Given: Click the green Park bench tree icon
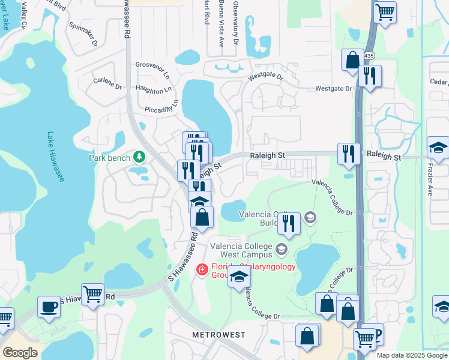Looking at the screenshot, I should coord(139,157).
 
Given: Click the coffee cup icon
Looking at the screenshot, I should coord(48,307).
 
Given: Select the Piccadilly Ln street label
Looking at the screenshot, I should coord(162,106).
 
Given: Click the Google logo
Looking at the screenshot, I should coord(20,353).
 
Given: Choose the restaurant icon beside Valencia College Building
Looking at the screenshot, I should coord(289,223).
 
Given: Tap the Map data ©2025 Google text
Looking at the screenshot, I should coord(411,355).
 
